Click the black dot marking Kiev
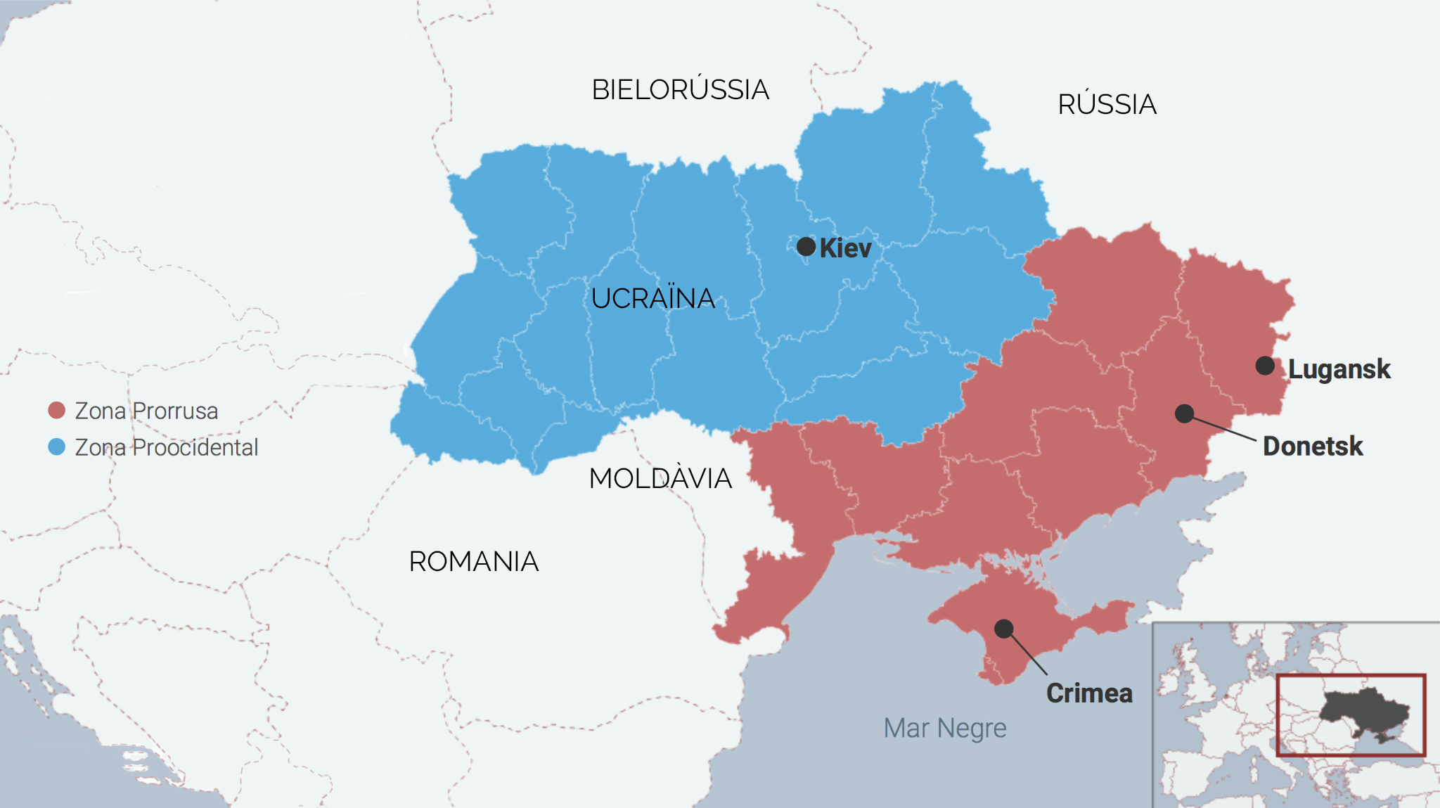point(806,247)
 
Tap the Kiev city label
point(845,248)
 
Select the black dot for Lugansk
point(1265,366)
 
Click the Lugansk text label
point(1339,369)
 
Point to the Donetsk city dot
point(1184,413)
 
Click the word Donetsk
point(1312,447)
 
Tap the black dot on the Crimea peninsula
point(1004,628)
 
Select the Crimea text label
point(1088,693)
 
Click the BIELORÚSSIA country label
point(680,90)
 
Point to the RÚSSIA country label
point(1107,105)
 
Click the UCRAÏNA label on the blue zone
point(652,298)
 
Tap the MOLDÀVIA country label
point(660,479)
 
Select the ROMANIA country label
point(473,562)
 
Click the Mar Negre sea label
point(944,729)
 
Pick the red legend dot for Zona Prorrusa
point(56,410)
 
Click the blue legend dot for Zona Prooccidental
point(56,447)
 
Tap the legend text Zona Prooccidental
point(167,447)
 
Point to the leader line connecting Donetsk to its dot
point(1224,429)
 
